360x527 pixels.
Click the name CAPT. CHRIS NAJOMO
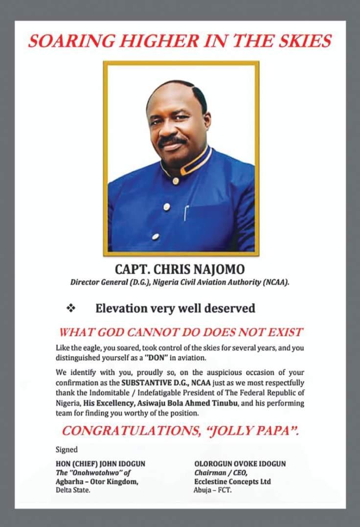coord(180,269)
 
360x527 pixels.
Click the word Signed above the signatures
coord(66,449)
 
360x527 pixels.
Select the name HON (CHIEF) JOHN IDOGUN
coord(100,463)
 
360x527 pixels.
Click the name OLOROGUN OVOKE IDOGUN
coord(240,463)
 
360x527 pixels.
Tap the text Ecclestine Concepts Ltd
coord(232,482)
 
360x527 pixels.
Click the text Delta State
coord(73,490)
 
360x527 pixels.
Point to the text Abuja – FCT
coord(212,490)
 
